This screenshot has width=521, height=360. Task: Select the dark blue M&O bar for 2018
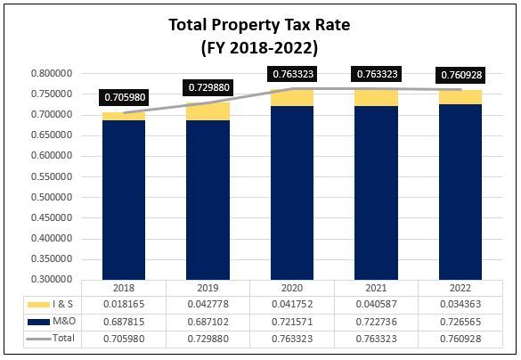pyautogui.click(x=124, y=200)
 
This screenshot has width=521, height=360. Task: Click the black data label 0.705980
pyautogui.click(x=124, y=98)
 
